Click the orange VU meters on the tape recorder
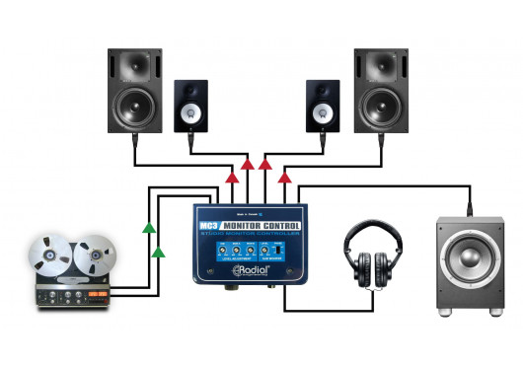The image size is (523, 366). pos(102,295)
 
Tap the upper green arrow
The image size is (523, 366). pos(148,228)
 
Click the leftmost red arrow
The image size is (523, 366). pos(230,178)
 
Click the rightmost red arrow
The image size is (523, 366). pos(285,178)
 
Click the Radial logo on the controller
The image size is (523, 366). pos(254,270)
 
